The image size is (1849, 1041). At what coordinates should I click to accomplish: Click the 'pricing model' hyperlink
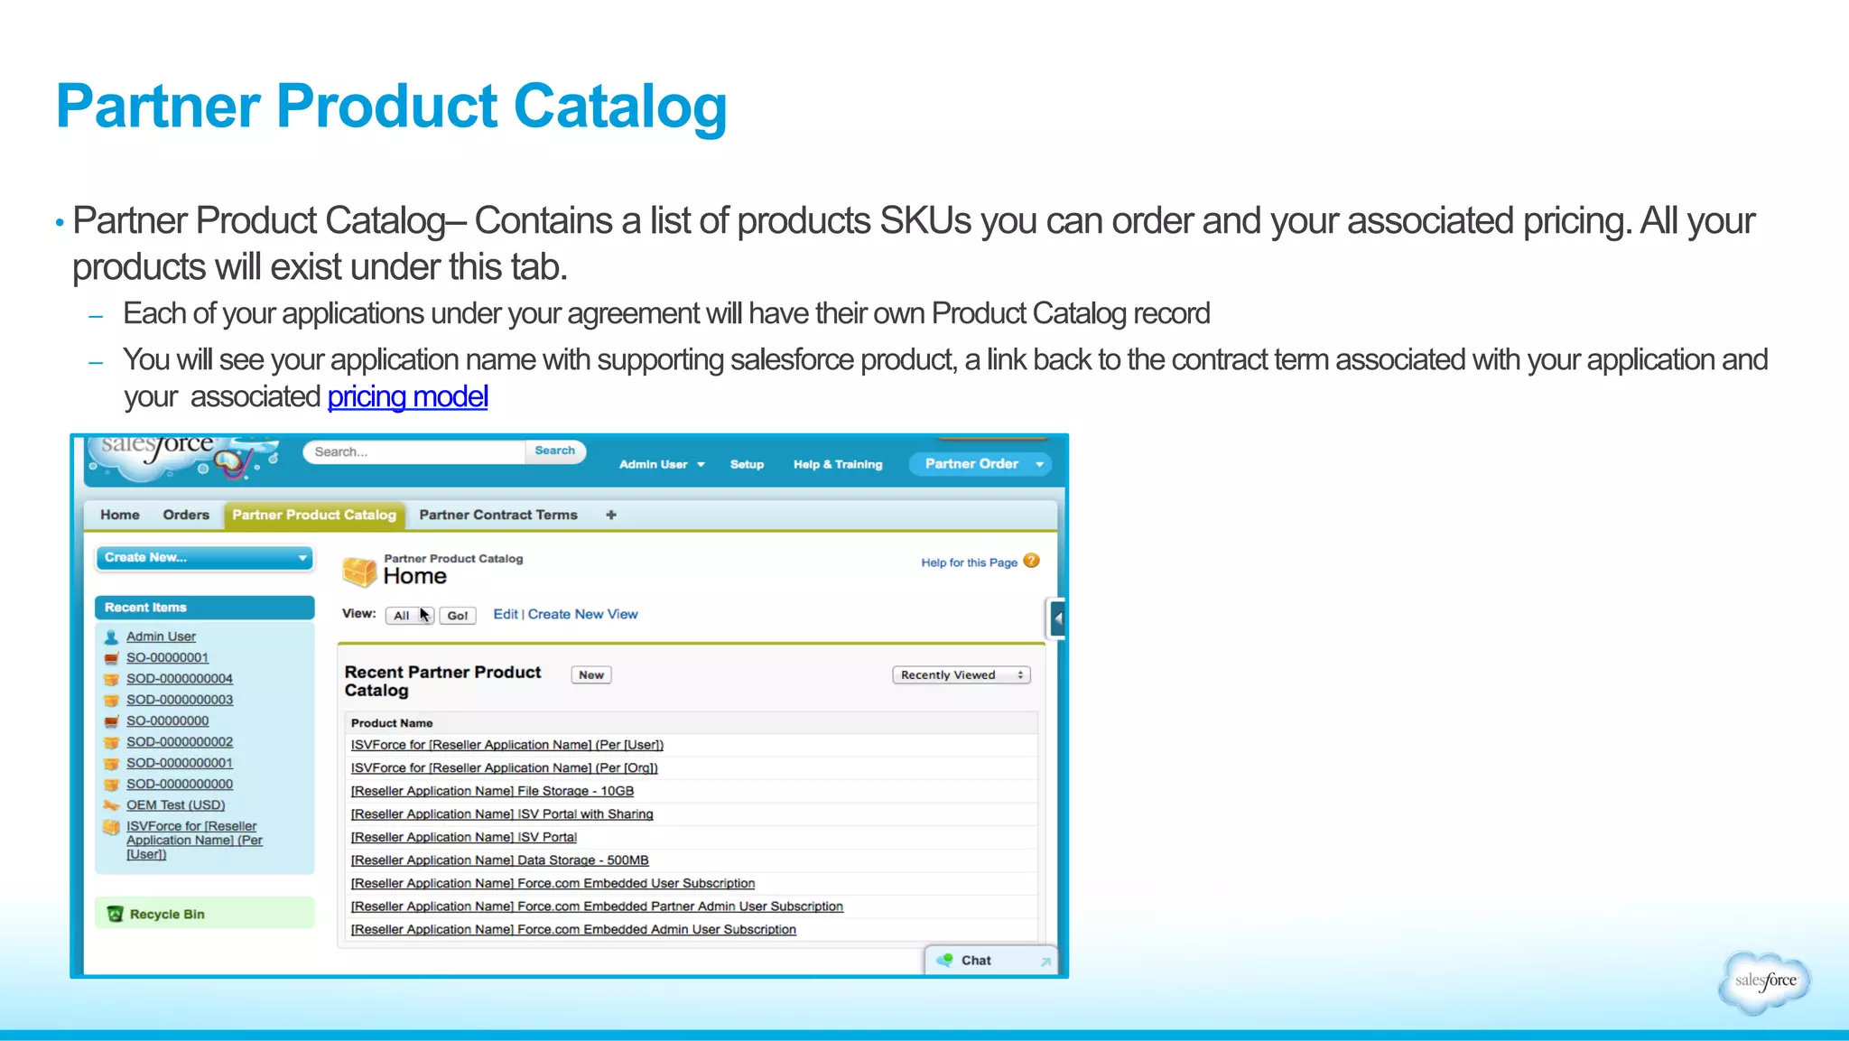pyautogui.click(x=407, y=397)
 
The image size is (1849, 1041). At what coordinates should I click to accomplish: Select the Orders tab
pyautogui.click(x=186, y=515)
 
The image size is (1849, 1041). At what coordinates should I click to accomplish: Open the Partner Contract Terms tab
pyautogui.click(x=497, y=515)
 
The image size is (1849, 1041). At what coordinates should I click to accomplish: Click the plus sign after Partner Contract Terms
pyautogui.click(x=611, y=515)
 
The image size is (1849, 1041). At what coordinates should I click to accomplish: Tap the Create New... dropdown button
pyautogui.click(x=204, y=558)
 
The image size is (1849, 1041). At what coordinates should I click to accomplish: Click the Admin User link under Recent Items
pyautogui.click(x=161, y=637)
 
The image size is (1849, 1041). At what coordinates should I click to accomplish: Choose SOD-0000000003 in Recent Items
pyautogui.click(x=180, y=700)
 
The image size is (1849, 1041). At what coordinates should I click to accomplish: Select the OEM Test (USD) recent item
pyautogui.click(x=175, y=805)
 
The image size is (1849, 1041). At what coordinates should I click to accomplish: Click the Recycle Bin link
pyautogui.click(x=167, y=914)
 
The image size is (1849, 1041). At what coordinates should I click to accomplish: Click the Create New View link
pyautogui.click(x=582, y=614)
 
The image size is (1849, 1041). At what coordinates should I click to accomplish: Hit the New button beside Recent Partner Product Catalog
pyautogui.click(x=591, y=674)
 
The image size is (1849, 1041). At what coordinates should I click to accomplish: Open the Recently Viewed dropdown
pyautogui.click(x=961, y=674)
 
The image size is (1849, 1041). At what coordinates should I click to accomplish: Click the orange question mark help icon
pyautogui.click(x=1032, y=561)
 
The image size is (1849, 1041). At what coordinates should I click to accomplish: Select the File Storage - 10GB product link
pyautogui.click(x=492, y=791)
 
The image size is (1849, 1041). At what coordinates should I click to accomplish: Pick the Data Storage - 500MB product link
pyautogui.click(x=499, y=860)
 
